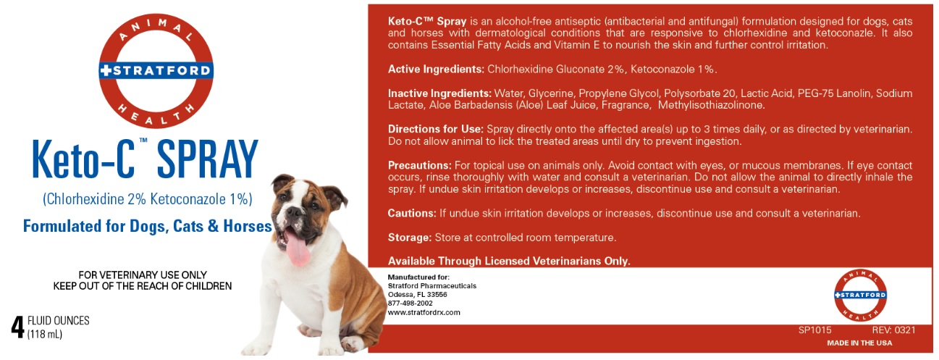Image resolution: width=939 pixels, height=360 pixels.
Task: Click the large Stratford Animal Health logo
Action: pos(156,71)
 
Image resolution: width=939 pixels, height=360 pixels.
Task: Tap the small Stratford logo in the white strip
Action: pos(860,296)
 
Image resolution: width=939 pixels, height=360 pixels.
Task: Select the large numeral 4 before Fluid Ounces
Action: pos(17,327)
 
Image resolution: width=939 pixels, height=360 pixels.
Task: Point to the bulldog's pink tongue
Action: pos(298,249)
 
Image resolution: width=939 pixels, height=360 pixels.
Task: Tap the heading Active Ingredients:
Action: pos(436,69)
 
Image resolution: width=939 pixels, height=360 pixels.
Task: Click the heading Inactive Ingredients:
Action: pos(439,93)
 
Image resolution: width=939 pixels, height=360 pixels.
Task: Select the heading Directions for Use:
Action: pos(431,129)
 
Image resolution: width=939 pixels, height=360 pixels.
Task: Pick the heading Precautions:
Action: pos(419,165)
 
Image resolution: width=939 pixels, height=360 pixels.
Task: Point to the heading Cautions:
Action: pos(412,213)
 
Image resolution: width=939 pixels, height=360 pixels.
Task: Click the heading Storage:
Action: pos(409,237)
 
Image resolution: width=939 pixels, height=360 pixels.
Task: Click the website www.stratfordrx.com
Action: pos(424,312)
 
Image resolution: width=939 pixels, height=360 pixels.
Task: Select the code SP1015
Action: pos(814,330)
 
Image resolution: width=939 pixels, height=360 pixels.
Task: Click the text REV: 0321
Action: pos(893,330)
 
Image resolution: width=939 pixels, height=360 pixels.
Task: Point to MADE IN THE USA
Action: pos(859,343)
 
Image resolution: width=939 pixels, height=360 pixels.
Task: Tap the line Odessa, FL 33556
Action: pos(417,295)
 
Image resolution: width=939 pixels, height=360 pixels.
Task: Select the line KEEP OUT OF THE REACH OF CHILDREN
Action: pos(143,286)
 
